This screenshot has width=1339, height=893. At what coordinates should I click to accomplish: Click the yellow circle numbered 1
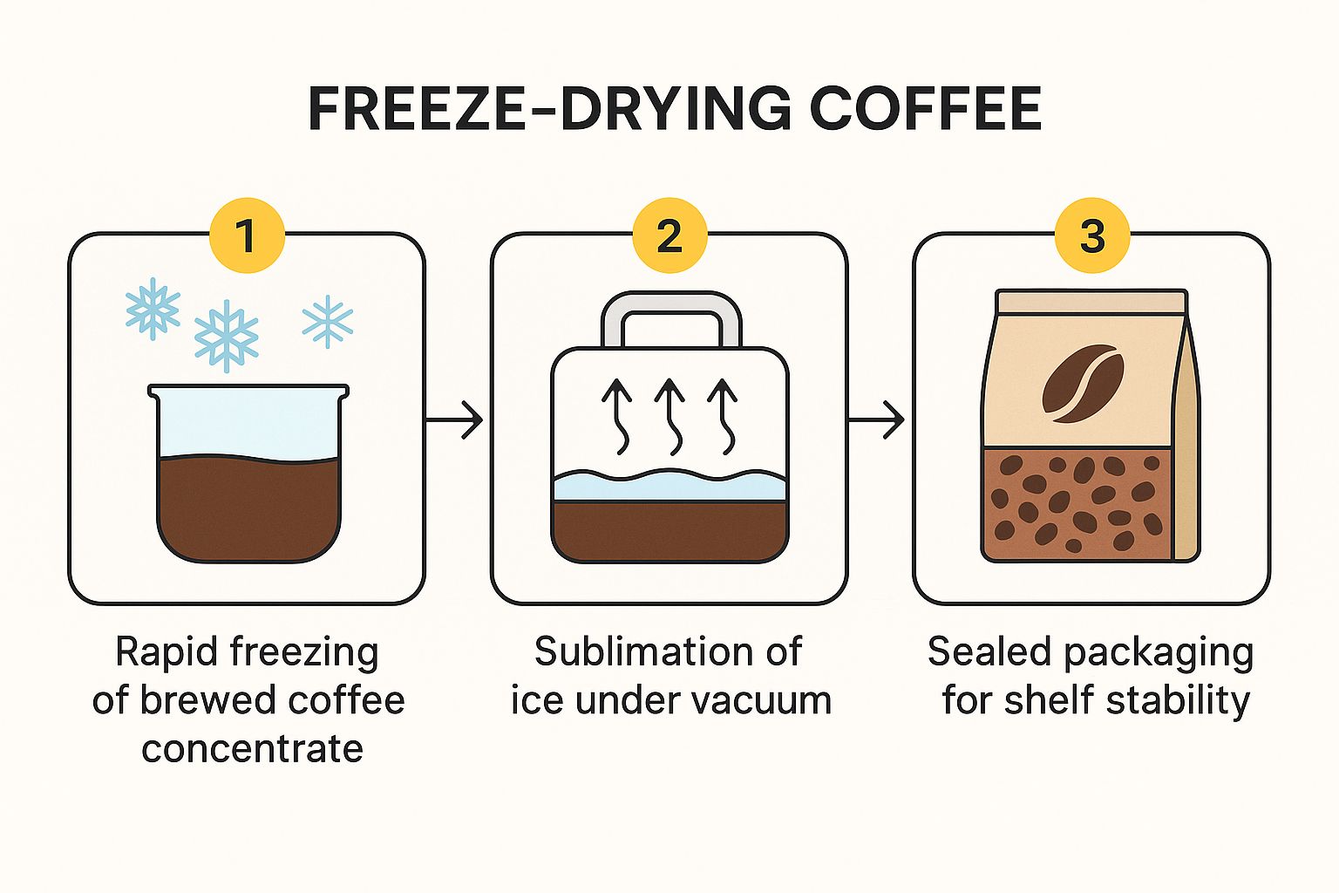[247, 235]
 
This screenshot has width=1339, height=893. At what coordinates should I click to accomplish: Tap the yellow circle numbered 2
[669, 235]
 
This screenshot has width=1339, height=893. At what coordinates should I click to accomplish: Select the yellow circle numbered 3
[1092, 235]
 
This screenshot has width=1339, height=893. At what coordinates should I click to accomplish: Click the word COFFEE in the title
[926, 109]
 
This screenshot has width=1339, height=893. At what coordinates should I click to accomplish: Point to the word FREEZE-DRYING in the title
[549, 109]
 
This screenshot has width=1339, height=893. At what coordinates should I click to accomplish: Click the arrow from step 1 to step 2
[454, 420]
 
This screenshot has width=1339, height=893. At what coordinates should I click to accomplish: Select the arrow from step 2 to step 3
[876, 420]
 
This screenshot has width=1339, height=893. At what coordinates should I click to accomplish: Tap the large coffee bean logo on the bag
[1083, 384]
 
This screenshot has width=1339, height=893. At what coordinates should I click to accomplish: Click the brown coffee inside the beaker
[249, 508]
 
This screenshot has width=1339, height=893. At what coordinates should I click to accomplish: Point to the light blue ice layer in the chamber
[669, 486]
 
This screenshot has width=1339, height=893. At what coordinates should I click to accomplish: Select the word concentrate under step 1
[252, 749]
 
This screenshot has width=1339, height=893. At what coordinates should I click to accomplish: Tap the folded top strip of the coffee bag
[1091, 302]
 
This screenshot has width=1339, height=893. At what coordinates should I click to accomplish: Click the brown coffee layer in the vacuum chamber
[669, 531]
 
